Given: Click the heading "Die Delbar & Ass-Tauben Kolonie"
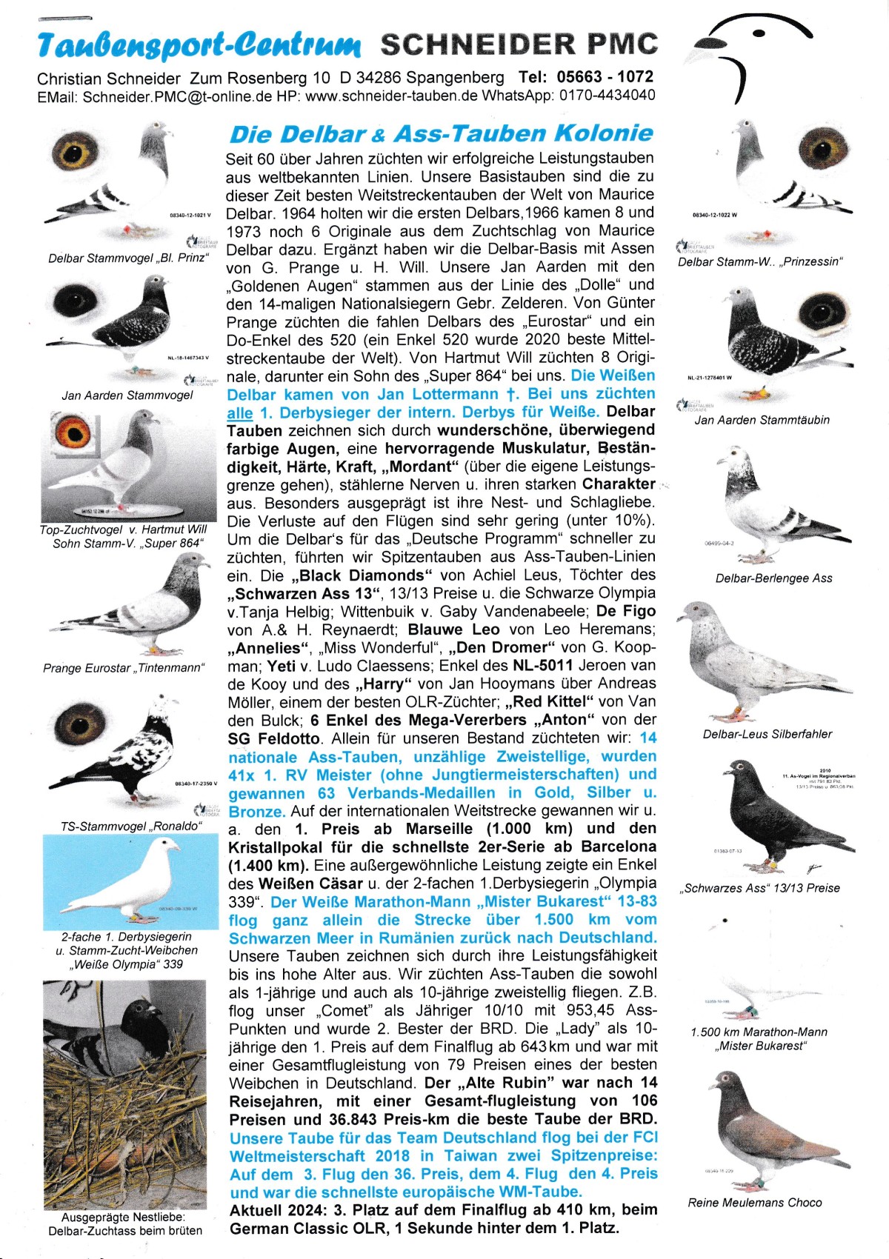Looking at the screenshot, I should point(442,134).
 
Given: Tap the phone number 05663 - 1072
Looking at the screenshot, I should point(607,77).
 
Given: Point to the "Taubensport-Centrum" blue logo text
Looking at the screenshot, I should point(199,46).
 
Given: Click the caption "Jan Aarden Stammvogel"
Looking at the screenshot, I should point(127,395).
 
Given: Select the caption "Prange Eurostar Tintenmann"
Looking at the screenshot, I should point(123,668).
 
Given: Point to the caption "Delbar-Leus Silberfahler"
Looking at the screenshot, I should point(767,734).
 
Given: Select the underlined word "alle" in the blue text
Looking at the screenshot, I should point(239,413).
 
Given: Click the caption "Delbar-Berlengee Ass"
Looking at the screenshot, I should point(773,578).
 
